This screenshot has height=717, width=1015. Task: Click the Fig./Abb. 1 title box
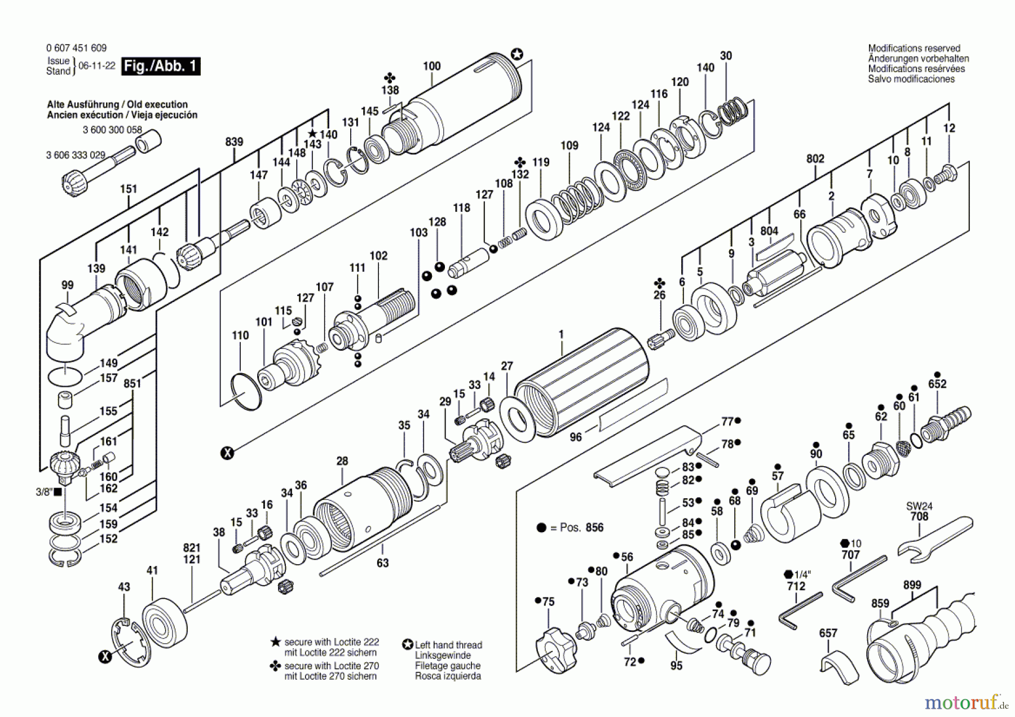(x=161, y=66)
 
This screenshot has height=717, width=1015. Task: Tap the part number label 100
(x=432, y=66)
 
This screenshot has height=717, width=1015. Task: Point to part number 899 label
(x=912, y=585)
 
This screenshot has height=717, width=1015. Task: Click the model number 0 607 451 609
(x=76, y=48)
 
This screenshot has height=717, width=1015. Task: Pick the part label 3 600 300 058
(x=112, y=130)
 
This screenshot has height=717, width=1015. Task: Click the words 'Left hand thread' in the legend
(x=448, y=645)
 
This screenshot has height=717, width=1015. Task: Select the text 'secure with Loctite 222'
(x=332, y=642)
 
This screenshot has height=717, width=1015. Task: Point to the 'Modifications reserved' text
(x=914, y=48)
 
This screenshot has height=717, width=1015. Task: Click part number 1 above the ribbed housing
(x=561, y=334)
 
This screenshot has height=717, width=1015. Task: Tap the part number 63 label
(x=382, y=563)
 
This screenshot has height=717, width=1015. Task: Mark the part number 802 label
(x=815, y=159)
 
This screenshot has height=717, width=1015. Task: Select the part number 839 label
(x=234, y=142)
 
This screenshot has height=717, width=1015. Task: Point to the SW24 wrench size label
(x=919, y=506)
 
